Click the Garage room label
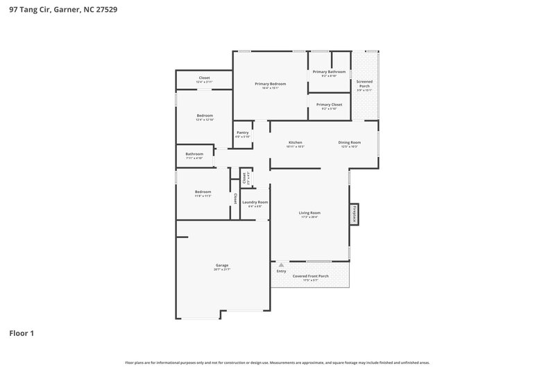click(222, 265)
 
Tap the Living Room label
click(309, 212)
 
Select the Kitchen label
click(296, 142)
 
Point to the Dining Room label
click(349, 142)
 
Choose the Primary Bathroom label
click(329, 72)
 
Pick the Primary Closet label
click(330, 105)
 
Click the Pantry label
click(242, 133)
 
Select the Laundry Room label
click(255, 202)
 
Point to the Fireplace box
click(355, 214)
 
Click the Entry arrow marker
click(281, 264)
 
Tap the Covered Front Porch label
click(310, 276)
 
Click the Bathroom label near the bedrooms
click(194, 154)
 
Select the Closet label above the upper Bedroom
click(204, 78)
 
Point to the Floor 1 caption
click(22, 333)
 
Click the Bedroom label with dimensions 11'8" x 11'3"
click(203, 192)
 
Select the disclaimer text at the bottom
click(277, 362)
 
